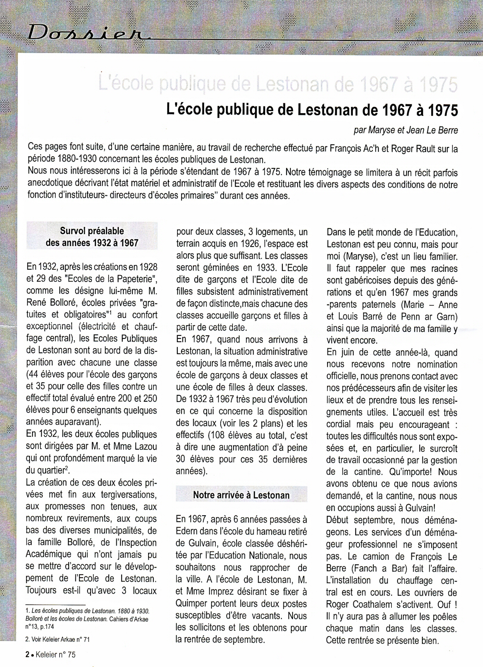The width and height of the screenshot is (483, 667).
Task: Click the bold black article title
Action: (312, 110)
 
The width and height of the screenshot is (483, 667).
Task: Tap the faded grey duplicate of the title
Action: (278, 85)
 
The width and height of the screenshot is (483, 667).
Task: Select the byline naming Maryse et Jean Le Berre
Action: (405, 130)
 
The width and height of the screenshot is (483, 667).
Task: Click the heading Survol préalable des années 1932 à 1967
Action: (92, 237)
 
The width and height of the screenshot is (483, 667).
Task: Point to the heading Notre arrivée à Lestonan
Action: (241, 495)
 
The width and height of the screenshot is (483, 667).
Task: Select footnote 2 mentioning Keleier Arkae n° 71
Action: (57, 639)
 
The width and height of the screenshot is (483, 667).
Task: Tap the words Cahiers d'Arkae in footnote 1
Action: (128, 619)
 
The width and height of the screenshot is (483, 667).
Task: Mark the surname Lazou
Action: (144, 446)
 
